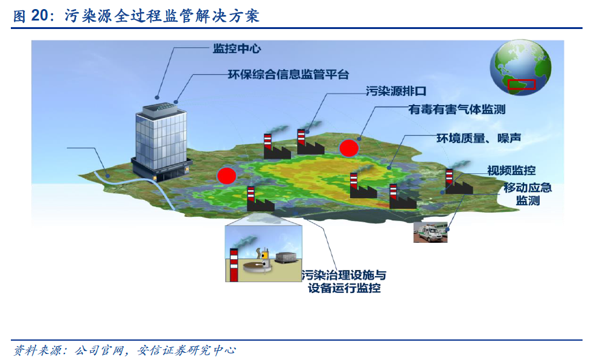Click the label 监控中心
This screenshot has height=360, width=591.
point(237,49)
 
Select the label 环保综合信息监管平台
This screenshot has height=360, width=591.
point(289,74)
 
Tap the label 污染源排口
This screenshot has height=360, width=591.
point(396,91)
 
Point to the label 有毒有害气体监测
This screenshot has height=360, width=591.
point(457,109)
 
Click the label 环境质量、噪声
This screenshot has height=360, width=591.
point(479,138)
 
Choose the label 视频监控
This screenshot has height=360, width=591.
point(511,170)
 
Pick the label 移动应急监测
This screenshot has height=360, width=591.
point(528,194)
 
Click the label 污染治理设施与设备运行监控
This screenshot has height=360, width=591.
point(343,281)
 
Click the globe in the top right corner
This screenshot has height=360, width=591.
point(520,68)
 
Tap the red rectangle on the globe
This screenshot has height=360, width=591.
point(522,85)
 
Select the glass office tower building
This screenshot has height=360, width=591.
point(161,141)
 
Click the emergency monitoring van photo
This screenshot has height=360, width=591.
point(430,232)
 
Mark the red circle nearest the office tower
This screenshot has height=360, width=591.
point(226,175)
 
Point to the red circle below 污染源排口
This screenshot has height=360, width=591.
point(349,148)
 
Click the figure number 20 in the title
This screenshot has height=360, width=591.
point(40,16)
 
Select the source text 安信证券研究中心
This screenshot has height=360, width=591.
point(186,350)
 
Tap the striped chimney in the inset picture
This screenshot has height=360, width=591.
point(234,265)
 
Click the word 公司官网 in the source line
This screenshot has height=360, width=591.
point(100,350)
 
